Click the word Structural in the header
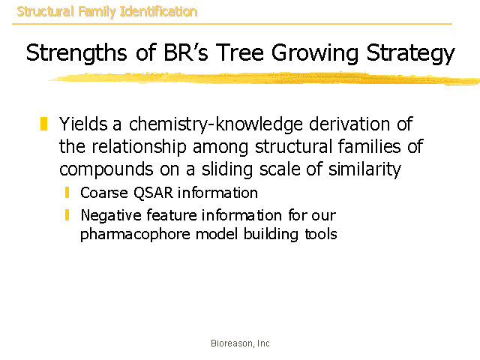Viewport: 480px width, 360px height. [45, 12]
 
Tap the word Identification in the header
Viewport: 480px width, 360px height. [158, 12]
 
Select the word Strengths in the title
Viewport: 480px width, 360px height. [76, 53]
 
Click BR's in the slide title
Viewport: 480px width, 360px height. [186, 52]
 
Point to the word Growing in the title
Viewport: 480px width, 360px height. [315, 53]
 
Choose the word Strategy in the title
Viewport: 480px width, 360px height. [410, 53]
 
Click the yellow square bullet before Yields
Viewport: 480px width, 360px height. [43, 124]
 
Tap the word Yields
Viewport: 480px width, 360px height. [83, 124]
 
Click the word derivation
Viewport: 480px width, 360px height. [349, 124]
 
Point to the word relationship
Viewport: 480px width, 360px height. [139, 147]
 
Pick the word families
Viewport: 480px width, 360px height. [369, 146]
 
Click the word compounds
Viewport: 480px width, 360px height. [106, 169]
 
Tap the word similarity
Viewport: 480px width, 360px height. [364, 169]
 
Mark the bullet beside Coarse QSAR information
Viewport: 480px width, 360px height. [67, 193]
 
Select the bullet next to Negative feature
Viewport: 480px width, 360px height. [67, 215]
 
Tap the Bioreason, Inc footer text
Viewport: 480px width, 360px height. [240, 343]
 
